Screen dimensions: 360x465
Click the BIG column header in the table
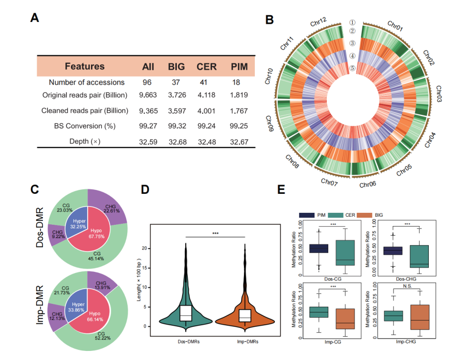[x=176, y=66]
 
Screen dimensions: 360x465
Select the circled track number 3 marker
[x=353, y=43]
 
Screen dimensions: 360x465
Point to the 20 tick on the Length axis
[x=150, y=249]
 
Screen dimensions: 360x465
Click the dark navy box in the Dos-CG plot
[x=319, y=249]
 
